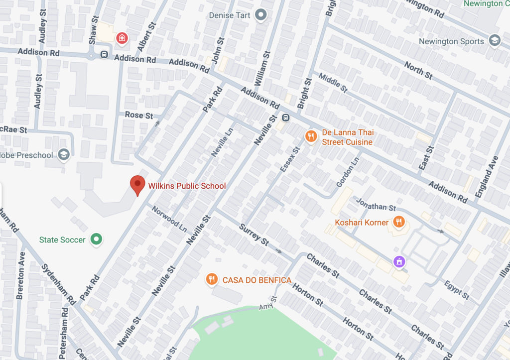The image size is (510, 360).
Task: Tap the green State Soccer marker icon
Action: [x=97, y=240]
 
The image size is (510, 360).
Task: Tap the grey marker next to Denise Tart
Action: [x=260, y=15]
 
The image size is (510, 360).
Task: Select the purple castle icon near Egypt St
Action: [x=398, y=261]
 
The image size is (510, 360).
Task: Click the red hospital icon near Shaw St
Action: [x=121, y=38]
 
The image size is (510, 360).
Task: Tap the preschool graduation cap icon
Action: [x=63, y=155]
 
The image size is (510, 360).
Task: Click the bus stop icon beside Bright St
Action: [x=286, y=118]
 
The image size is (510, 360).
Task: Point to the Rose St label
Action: [x=139, y=116]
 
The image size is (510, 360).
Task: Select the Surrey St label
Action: [x=254, y=235]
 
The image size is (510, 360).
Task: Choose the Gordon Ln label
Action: [x=348, y=172]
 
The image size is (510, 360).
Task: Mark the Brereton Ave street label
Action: [x=20, y=275]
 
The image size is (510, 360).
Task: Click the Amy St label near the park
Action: [x=267, y=305]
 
